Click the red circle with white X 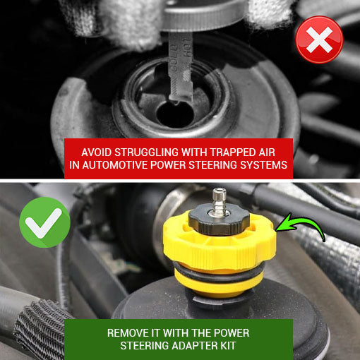click(x=320, y=39)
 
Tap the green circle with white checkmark click(x=44, y=222)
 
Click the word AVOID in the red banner click(x=98, y=152)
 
